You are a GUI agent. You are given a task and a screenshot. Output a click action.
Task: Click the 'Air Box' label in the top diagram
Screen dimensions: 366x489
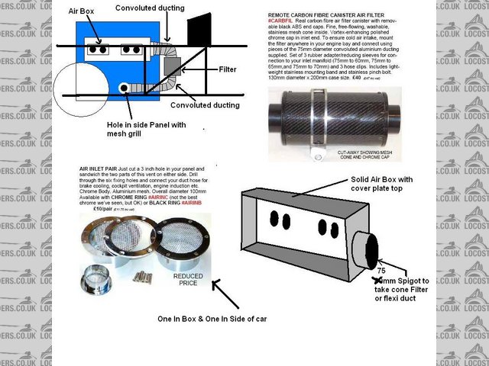[x=82, y=11]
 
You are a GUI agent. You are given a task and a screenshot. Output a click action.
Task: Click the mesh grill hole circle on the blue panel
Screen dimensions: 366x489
[x=123, y=88]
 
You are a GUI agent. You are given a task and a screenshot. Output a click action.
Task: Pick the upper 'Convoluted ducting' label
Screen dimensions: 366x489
[x=150, y=8]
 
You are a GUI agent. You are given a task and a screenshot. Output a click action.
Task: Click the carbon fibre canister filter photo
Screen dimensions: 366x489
[x=335, y=118]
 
